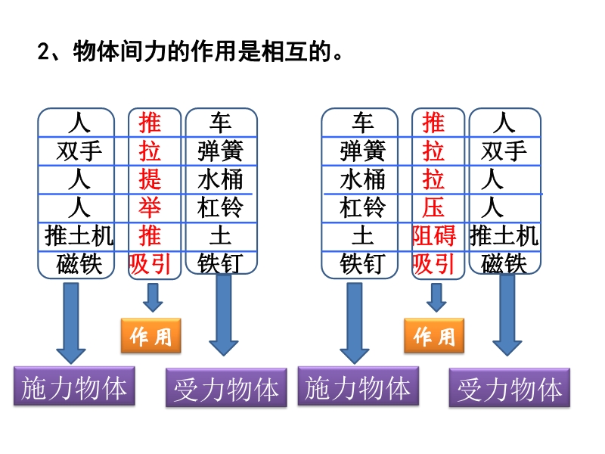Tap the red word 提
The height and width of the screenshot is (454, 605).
point(150,179)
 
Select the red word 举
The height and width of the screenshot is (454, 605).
point(150,207)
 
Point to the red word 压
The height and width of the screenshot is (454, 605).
point(433,207)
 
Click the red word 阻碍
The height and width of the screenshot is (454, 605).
point(433,235)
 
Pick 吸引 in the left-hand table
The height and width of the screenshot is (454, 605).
point(150,263)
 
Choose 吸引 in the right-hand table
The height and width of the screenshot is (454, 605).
point(433,263)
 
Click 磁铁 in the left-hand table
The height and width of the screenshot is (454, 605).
point(79,263)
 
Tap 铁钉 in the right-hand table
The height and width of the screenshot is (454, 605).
point(362,263)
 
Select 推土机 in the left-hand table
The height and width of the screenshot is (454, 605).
point(79,235)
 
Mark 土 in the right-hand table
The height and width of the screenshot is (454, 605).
point(362,235)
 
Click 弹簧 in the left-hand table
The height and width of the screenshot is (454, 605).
point(220,151)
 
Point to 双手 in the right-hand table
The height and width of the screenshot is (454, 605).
point(504,151)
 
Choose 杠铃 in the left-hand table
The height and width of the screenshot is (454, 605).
point(220,207)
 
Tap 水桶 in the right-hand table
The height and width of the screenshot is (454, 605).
point(362,179)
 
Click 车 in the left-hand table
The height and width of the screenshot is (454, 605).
point(220,123)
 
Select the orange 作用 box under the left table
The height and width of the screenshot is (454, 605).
point(151,336)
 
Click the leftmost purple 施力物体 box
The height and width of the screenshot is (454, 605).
point(74,387)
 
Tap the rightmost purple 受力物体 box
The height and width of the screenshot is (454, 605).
point(509,390)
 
